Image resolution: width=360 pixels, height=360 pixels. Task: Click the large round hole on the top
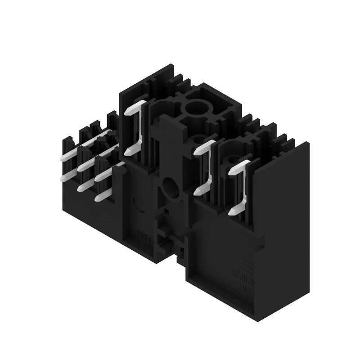pyautogui.click(x=197, y=108)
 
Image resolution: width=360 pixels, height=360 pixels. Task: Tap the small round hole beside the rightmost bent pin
pyautogui.click(x=232, y=160)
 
